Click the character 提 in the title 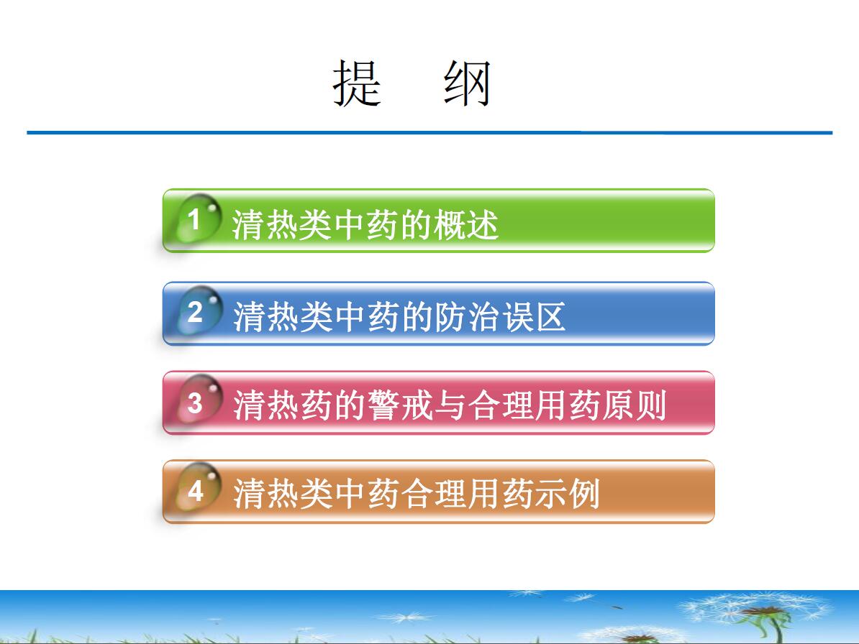coord(357,83)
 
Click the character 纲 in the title coord(467,83)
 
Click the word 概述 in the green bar coord(466,224)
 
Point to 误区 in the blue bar coord(534,316)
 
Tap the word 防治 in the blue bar coord(468,316)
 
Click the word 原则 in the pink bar coord(634,405)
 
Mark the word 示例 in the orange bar coord(568,494)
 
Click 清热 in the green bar coord(265,224)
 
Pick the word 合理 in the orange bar coord(434,494)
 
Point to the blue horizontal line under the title coord(429,132)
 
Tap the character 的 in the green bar coord(417,224)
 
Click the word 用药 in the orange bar coord(501,494)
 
